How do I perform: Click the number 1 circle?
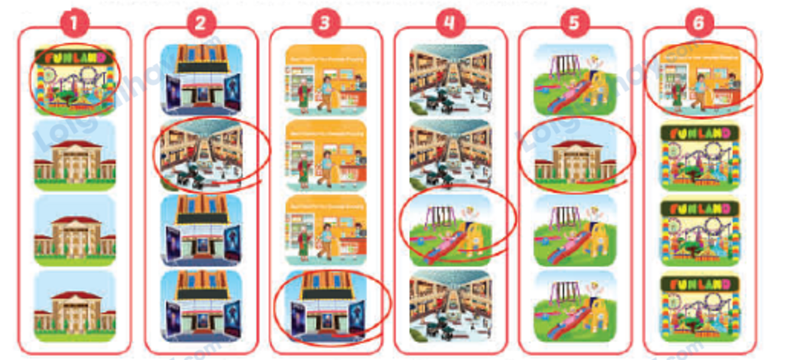coord(73,24)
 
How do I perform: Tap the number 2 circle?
coord(199,24)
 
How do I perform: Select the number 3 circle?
coord(325,24)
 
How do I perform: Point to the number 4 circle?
coord(450,24)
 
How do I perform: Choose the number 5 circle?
coord(575,24)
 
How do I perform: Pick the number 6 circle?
coord(699,24)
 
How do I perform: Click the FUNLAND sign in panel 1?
coord(74,57)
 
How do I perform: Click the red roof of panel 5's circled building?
coord(575,143)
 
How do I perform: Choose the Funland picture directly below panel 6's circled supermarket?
coord(700,154)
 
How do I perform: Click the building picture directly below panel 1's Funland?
coord(74,154)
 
